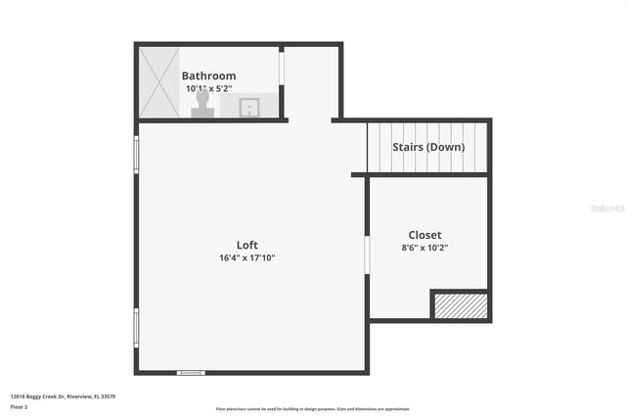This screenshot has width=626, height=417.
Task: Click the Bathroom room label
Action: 208,75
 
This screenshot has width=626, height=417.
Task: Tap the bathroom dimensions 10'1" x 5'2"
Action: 208,88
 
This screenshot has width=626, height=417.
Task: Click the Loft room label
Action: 246,245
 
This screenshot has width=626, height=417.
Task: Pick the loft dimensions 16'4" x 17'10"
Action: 246,258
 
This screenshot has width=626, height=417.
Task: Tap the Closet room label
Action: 425,235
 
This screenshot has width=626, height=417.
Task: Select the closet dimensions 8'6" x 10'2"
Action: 425,248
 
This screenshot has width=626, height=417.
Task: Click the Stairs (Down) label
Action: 428,148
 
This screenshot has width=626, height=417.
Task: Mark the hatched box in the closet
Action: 460,305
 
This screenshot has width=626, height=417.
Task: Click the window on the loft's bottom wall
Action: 190,372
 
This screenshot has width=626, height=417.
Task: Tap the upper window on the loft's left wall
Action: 136,154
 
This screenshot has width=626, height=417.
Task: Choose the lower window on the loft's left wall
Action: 136,327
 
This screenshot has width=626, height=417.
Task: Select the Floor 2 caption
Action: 20,406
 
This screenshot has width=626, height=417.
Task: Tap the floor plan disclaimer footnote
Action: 313,409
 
